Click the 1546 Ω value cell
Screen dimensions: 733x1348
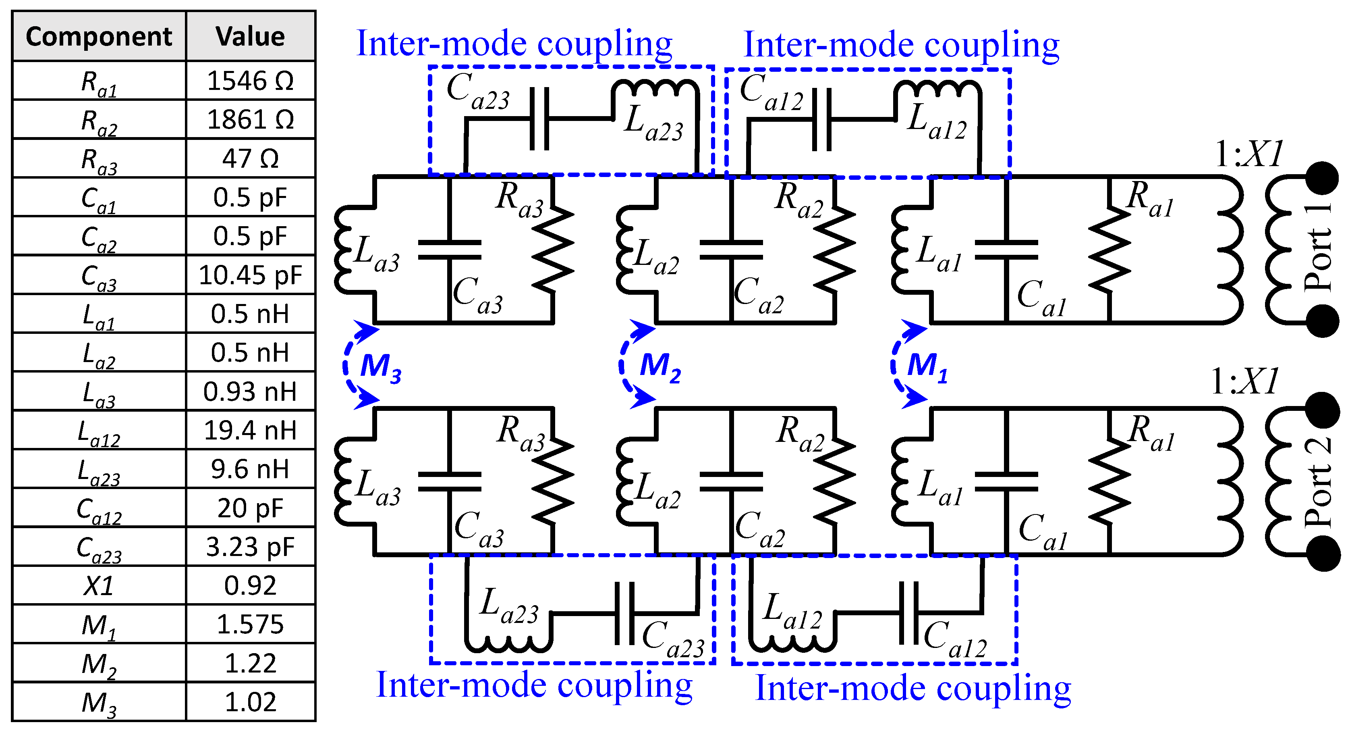(x=250, y=81)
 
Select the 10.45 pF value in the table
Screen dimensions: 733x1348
(x=250, y=275)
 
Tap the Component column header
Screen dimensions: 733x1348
(x=99, y=36)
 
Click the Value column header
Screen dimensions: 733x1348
(x=250, y=36)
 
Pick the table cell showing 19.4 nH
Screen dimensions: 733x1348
(x=250, y=430)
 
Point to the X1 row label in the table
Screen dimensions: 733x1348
(x=99, y=585)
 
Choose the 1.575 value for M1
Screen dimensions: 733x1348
(x=250, y=624)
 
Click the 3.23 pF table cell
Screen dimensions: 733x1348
(x=250, y=547)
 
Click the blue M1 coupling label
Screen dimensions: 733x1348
(x=927, y=366)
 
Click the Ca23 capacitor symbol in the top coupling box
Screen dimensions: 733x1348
(x=539, y=119)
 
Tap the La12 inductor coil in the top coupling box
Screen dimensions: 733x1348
(x=937, y=89)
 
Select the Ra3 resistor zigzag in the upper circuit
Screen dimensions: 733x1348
(x=553, y=249)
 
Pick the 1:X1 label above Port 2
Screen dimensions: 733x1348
(x=1245, y=381)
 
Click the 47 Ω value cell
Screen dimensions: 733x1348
(x=250, y=158)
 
